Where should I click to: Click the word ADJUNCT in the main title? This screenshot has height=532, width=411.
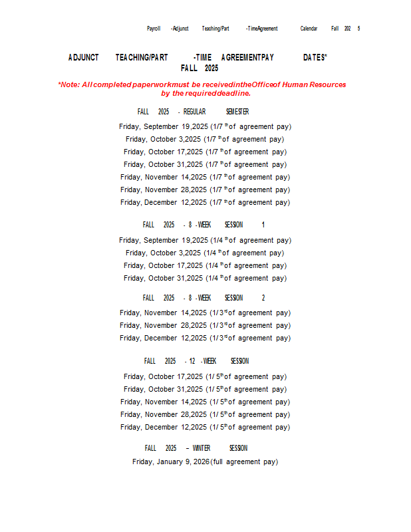pos(83,58)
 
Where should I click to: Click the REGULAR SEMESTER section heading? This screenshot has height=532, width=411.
pos(193,112)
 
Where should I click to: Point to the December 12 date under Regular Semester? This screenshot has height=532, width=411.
pos(164,202)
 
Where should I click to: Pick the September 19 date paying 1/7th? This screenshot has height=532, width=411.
pos(164,126)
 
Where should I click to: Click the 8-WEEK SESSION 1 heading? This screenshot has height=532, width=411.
pos(204,225)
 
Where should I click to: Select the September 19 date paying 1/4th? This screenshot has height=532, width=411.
pos(164,240)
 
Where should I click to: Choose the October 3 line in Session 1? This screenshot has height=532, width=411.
pos(205,253)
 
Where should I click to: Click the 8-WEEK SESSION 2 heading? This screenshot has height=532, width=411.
pos(204,298)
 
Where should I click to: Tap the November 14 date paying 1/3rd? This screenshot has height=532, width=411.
pos(164,313)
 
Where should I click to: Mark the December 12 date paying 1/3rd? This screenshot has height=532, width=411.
pos(164,338)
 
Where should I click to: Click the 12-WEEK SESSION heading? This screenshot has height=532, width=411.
pos(196,361)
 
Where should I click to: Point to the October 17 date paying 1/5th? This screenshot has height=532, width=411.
pos(164,376)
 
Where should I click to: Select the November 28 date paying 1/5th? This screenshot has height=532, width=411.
pos(164,414)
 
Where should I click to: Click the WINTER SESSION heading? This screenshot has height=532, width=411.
pos(196,448)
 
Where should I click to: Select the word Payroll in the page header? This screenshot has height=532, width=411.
pos(154,29)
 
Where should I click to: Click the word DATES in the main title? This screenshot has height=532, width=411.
pos(315,58)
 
